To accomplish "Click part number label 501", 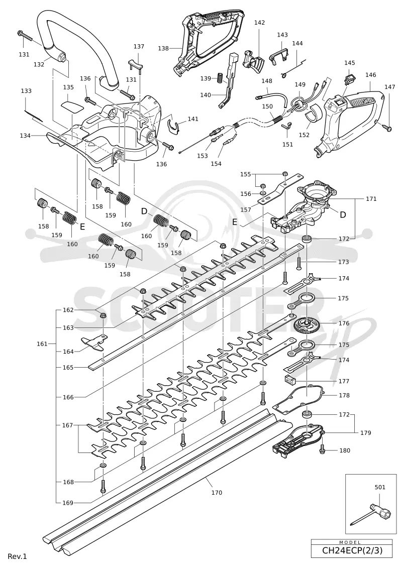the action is pos(380,487).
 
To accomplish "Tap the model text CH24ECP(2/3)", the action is pos(352,550).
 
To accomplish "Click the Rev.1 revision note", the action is pos(18,556).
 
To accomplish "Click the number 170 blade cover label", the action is pos(217,492).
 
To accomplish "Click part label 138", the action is pos(163,48).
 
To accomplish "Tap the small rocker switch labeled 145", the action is pos(350,77).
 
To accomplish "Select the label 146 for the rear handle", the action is pos(370,75).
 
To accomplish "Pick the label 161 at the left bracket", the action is pos(42,344).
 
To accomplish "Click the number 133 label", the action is pos(26,91).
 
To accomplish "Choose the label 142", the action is pos(259,23).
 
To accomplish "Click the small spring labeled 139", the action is pos(219,77).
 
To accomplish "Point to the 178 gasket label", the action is pos(344,395).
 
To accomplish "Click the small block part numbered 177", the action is pos(289,379).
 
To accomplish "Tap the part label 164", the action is pos(68,352).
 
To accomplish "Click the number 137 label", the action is pos(139,46).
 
